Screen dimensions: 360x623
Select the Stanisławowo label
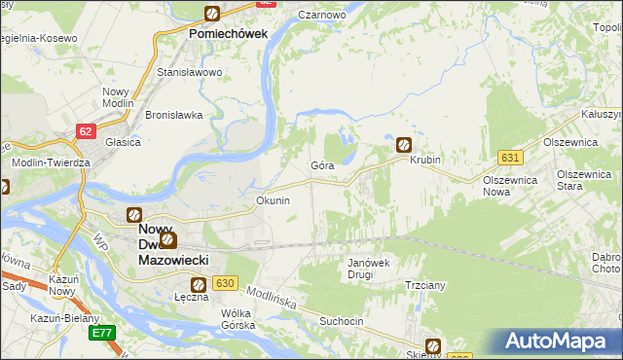(x=191, y=72)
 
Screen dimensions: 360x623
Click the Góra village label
(x=322, y=165)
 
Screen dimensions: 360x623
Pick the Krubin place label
(x=425, y=160)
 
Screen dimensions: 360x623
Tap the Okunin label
(x=273, y=200)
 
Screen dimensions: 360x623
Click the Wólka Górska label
(x=238, y=319)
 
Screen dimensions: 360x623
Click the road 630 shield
(x=225, y=283)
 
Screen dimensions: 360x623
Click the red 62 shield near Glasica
(x=88, y=129)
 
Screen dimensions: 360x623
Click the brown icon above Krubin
(x=404, y=145)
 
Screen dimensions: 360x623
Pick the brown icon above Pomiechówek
(x=211, y=14)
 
